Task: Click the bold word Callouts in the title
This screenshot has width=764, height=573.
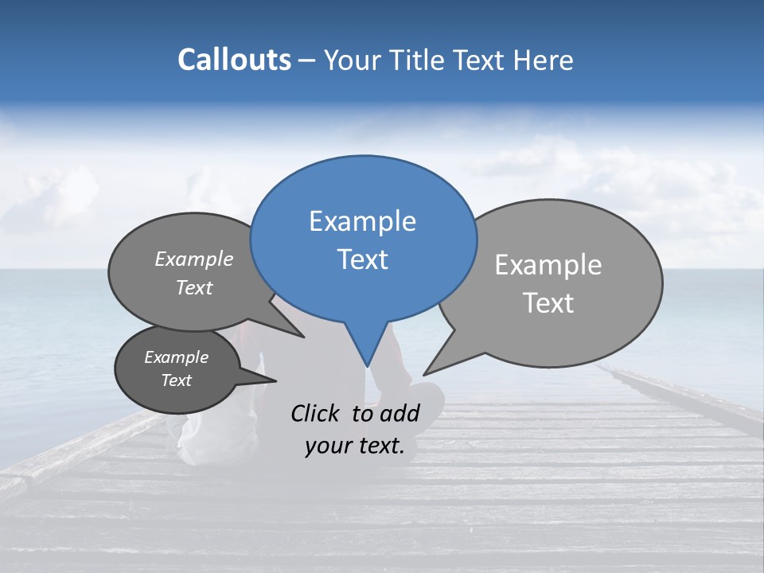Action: [x=234, y=60]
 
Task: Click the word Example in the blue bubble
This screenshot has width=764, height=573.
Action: [x=362, y=221]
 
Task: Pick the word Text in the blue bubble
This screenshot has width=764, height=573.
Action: [x=362, y=259]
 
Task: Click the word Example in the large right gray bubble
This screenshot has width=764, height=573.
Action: [x=548, y=265]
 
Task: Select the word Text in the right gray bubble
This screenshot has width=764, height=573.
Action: [x=548, y=303]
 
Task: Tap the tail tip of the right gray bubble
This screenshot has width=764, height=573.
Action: [x=425, y=373]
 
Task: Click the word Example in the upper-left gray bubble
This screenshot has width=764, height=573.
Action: [x=194, y=259]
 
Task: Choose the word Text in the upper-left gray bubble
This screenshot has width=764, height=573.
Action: [x=194, y=288]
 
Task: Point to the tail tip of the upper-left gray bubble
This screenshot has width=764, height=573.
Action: [x=303, y=337]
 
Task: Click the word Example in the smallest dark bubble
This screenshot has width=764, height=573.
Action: [x=176, y=357]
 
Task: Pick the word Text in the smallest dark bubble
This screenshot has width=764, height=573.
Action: [x=176, y=380]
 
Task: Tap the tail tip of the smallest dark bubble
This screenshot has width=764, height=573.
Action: [x=275, y=380]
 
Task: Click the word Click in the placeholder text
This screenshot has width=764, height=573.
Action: [x=317, y=413]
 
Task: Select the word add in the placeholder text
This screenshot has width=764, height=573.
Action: [x=400, y=413]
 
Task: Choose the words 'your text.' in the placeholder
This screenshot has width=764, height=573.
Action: [x=355, y=446]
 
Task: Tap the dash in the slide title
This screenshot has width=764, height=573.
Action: [x=308, y=60]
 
